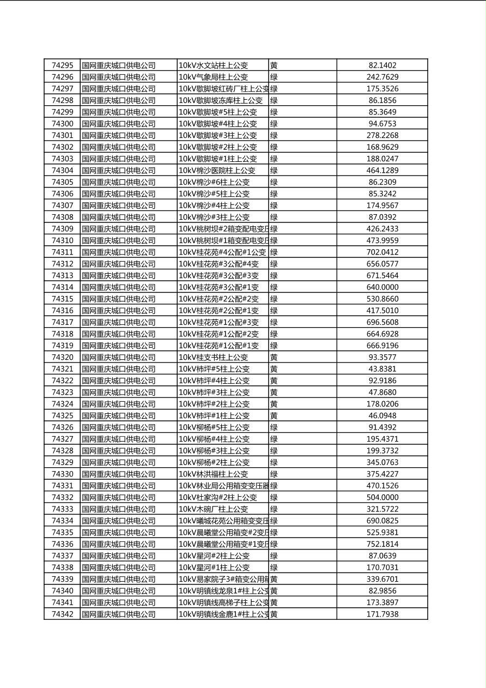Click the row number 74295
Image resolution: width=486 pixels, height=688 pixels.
point(62,65)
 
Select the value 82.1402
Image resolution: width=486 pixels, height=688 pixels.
point(382,65)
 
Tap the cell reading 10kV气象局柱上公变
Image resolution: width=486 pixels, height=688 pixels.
point(214,77)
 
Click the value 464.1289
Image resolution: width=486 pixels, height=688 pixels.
point(382,171)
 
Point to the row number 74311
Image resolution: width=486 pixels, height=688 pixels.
point(62,252)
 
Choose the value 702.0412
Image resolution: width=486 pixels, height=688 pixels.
point(382,252)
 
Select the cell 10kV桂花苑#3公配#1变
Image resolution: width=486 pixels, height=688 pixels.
point(219,287)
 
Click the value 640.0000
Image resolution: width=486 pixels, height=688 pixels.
point(382,287)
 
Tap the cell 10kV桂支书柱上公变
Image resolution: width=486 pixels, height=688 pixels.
point(214,358)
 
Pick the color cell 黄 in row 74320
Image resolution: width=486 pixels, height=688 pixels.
point(274,358)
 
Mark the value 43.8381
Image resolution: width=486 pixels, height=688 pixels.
point(382,369)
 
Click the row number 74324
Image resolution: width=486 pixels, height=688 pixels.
point(62,404)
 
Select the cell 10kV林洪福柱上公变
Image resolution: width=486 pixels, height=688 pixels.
point(214,474)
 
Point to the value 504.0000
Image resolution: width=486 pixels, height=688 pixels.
point(382,498)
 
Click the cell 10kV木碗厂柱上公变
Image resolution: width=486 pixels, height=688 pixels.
point(214,509)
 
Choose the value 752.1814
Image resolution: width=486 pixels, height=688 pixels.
point(382,544)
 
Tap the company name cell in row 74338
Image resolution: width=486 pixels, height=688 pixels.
point(119,568)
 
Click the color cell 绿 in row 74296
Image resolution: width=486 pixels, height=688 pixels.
point(274,77)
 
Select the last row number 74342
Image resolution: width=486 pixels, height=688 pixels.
point(62,614)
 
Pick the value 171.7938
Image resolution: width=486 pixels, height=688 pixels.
point(382,614)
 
